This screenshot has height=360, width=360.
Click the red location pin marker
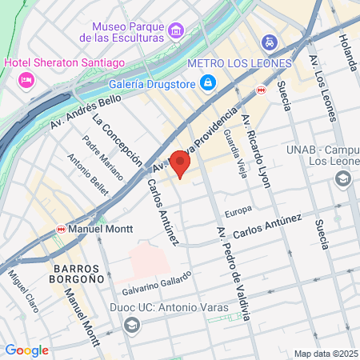tap(181, 165)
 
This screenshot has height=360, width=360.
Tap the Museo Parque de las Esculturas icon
tap(176, 31)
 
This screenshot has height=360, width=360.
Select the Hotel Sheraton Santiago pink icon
tap(26, 79)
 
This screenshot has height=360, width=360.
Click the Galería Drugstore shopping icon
tap(207, 82)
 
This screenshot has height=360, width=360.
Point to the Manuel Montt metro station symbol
tap(62, 229)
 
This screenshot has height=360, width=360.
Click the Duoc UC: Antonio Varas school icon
tap(131, 325)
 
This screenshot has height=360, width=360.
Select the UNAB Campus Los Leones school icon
tap(343, 178)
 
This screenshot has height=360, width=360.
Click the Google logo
tap(26, 350)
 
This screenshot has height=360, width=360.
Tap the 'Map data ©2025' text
tap(326, 354)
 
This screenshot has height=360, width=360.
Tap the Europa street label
tap(238, 212)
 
